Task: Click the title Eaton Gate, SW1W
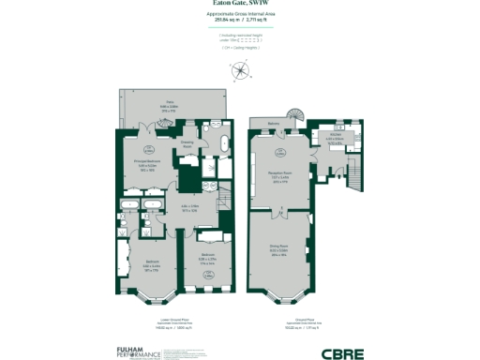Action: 240,5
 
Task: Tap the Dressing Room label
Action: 187,145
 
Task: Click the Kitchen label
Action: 336,137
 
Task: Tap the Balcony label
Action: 274,123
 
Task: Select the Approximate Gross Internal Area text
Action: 240,16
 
